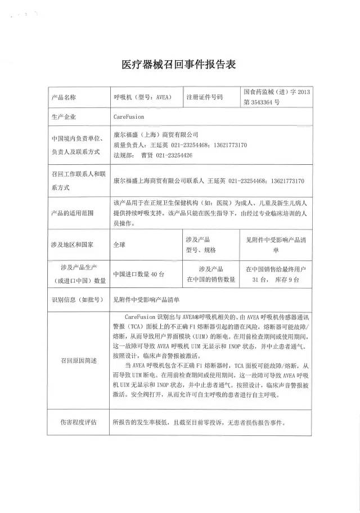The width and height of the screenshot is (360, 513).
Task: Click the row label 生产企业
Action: coord(63,117)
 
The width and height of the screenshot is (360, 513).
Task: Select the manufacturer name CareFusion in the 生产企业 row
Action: coord(129,117)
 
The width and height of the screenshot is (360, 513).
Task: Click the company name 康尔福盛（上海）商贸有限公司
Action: coord(156,135)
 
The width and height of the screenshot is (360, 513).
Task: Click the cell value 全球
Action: coord(120,245)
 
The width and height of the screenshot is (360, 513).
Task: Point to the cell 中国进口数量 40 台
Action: coord(138,274)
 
